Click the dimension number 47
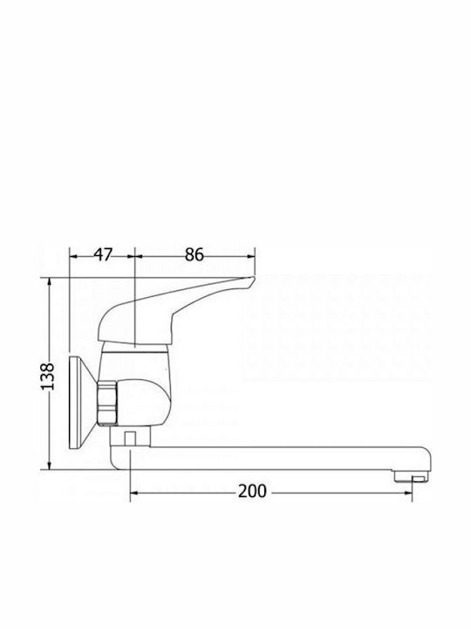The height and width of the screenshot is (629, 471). coord(104,254)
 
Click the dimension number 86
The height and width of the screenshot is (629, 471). coord(195,254)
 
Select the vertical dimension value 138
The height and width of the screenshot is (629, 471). coord(48,377)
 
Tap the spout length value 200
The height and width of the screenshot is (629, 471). coord(252,491)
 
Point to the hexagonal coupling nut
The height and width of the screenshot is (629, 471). coord(107,403)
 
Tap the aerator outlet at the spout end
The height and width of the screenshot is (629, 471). coord(412,476)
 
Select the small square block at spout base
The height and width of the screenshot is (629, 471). coord(129,438)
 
